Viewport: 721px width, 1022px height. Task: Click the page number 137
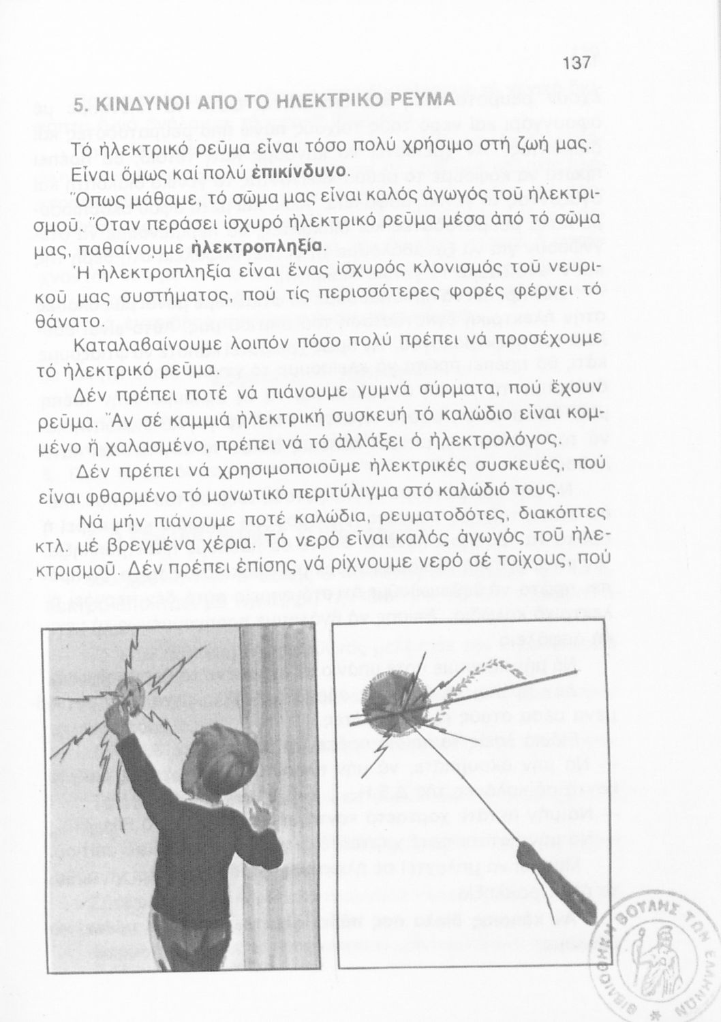point(576,64)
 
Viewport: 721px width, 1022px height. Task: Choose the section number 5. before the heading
point(79,108)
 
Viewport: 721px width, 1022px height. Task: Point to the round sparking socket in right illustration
point(390,702)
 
